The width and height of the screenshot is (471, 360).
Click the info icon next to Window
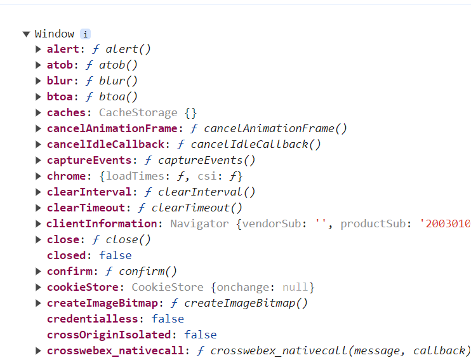85,34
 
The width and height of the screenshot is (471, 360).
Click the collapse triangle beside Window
26,34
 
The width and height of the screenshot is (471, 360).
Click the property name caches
65,112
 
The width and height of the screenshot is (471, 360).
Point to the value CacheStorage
138,112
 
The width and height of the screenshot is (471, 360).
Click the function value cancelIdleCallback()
256,144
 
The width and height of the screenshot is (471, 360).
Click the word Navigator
199,223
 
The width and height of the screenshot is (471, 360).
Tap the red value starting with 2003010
448,223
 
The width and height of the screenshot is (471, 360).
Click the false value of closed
115,255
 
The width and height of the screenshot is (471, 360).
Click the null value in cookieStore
295,287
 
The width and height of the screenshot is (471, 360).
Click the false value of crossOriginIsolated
200,335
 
